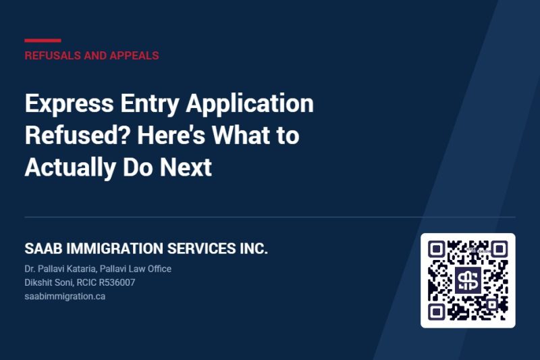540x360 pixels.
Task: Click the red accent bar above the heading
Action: click(43, 41)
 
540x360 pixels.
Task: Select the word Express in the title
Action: click(69, 104)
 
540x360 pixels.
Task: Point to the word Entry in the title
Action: click(150, 104)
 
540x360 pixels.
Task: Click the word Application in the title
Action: click(250, 104)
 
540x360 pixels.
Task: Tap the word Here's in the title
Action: click(171, 134)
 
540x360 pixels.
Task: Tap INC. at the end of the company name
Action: click(254, 249)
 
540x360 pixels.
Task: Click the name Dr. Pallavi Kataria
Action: click(60, 269)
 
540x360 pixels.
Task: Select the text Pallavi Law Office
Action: click(136, 269)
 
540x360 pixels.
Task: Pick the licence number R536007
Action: click(117, 282)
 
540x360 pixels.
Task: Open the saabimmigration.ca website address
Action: click(65, 297)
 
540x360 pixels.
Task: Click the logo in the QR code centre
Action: click(468, 280)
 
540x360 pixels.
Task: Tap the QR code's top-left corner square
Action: click(436, 249)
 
